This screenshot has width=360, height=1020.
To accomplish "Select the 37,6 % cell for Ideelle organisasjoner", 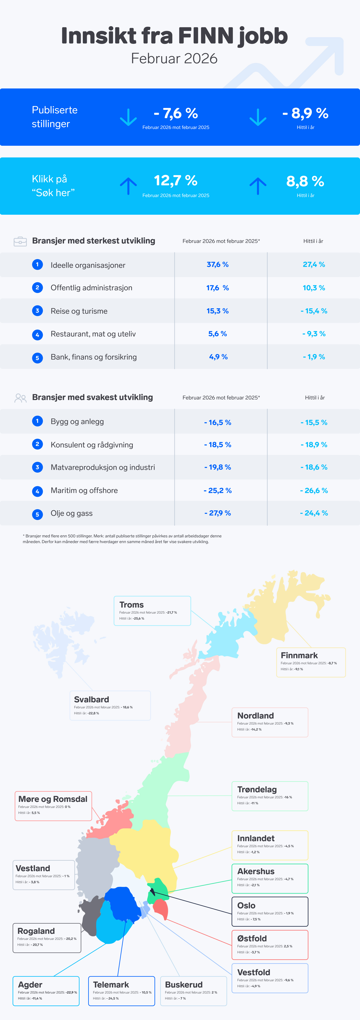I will [x=217, y=264].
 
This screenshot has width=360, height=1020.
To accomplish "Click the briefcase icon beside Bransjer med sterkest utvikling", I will [x=20, y=241].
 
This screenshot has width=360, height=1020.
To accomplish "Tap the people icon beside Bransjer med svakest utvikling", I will [x=20, y=398].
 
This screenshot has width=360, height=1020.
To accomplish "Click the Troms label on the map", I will [x=131, y=605].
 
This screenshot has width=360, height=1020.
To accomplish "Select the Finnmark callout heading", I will [x=299, y=655].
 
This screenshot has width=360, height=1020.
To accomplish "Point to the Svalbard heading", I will [x=91, y=699].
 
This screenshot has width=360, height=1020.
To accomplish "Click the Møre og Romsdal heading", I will [x=53, y=799].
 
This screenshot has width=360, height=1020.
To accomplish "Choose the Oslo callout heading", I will [x=246, y=906].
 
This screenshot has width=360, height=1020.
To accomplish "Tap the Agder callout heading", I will [x=30, y=985].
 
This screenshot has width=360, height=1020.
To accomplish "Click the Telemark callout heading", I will [x=111, y=985].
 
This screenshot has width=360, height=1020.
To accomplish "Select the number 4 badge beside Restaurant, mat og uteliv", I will [x=37, y=335].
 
